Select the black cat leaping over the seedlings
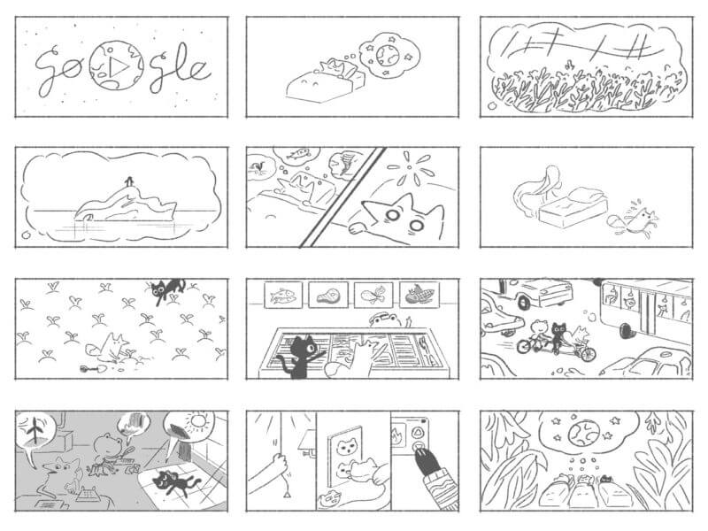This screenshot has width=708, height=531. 166,289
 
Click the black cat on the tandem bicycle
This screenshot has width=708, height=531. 557,335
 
